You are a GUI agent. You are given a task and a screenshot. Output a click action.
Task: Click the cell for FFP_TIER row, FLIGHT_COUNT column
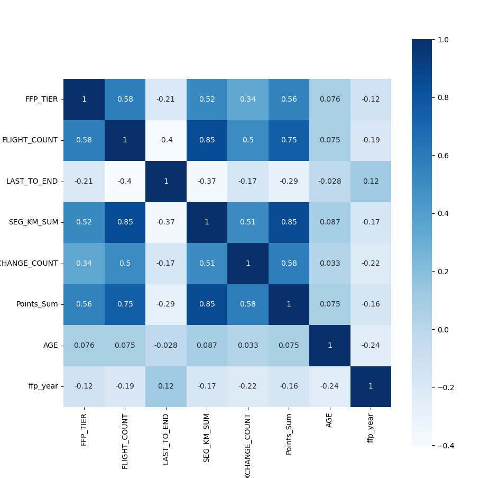tap(125, 100)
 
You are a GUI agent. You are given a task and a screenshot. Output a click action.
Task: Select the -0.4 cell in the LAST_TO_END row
tap(125, 182)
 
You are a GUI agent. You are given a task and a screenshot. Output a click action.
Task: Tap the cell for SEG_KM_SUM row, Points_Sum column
tap(289, 222)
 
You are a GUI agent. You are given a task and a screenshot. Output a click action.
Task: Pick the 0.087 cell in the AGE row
tap(207, 346)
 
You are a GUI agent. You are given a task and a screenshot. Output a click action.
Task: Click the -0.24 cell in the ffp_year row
tap(329, 386)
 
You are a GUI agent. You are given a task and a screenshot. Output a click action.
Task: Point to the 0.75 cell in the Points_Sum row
tap(125, 304)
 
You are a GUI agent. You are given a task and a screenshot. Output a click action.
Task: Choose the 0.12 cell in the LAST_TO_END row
tap(371, 182)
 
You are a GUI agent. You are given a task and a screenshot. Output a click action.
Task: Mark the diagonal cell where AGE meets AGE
tap(329, 346)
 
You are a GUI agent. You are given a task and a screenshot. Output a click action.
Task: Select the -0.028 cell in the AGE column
tap(329, 182)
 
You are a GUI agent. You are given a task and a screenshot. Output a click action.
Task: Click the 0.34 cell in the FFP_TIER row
tap(247, 100)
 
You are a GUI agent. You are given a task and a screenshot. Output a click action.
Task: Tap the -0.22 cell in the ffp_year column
tap(371, 264)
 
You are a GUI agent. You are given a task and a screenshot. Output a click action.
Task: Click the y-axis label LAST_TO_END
tap(32, 182)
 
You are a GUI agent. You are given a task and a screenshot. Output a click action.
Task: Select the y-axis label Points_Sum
tap(37, 304)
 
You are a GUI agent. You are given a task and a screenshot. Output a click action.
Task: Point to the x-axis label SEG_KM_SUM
tap(207, 438)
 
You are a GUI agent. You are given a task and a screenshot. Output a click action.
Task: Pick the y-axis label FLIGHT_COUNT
tap(30, 140)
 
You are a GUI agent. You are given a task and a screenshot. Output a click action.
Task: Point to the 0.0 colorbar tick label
tap(443, 330)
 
